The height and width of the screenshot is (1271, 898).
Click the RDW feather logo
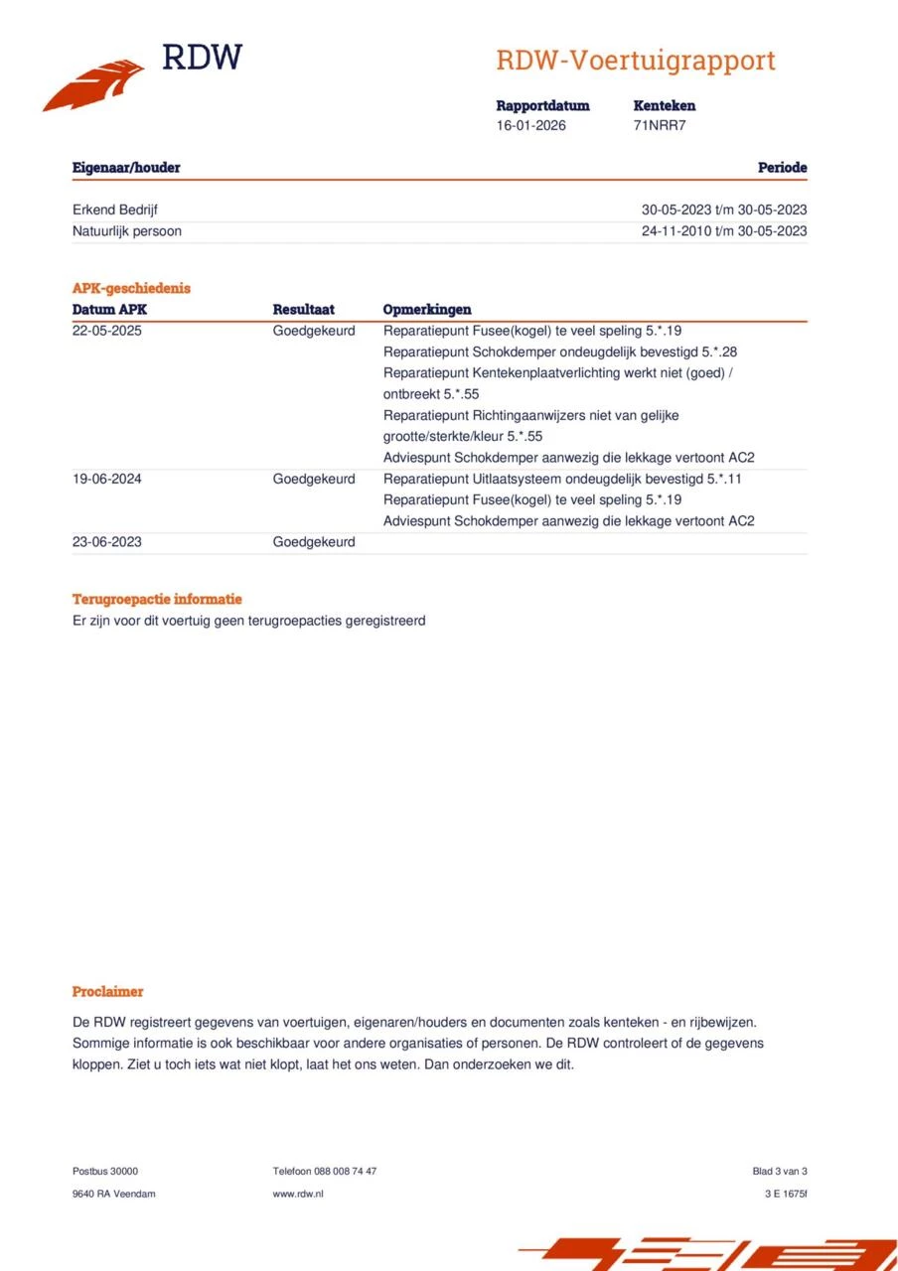(x=94, y=83)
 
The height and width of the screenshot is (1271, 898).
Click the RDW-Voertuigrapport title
(x=636, y=61)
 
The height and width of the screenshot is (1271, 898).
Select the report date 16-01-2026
(x=531, y=126)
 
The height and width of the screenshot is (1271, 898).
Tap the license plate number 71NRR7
(x=660, y=126)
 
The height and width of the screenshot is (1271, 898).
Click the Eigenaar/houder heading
(x=126, y=168)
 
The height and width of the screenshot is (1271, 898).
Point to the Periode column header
(x=782, y=168)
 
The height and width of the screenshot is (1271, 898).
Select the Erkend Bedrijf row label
(x=115, y=210)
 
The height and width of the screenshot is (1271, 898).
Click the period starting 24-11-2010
(x=724, y=231)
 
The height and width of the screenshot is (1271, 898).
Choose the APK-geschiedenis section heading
(x=131, y=288)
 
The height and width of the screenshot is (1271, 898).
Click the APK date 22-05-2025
(x=107, y=331)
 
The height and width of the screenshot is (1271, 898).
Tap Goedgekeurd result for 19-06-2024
(x=314, y=479)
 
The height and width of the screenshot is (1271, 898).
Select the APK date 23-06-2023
(x=107, y=542)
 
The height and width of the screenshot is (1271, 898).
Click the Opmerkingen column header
(x=427, y=310)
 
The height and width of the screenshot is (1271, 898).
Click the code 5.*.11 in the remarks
(x=721, y=479)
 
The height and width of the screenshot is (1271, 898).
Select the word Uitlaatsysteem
(x=505, y=479)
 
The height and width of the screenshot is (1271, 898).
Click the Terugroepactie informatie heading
(x=157, y=600)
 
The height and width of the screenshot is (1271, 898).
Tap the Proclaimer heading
(x=107, y=992)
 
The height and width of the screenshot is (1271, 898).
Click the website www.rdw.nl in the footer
(x=298, y=1194)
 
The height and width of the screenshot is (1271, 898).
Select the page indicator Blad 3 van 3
(x=780, y=1172)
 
